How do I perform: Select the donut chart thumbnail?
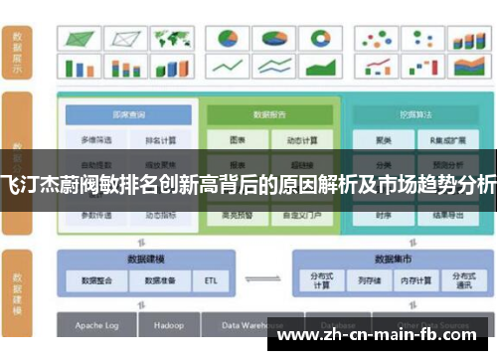(x=320, y=38)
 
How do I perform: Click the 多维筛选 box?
(x=96, y=140)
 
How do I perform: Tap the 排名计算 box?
(x=160, y=140)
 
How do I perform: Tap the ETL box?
(x=210, y=280)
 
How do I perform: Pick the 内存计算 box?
(x=415, y=280)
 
